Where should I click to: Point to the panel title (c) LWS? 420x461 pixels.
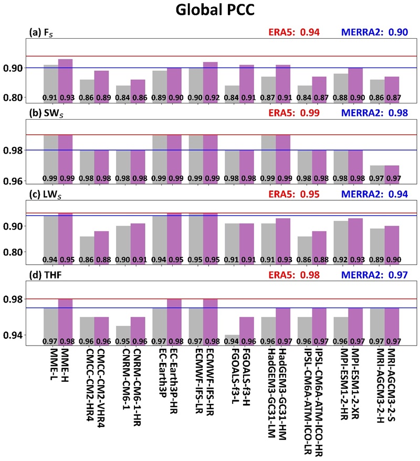point(46,192)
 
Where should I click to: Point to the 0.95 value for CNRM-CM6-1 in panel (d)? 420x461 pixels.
point(123,341)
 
